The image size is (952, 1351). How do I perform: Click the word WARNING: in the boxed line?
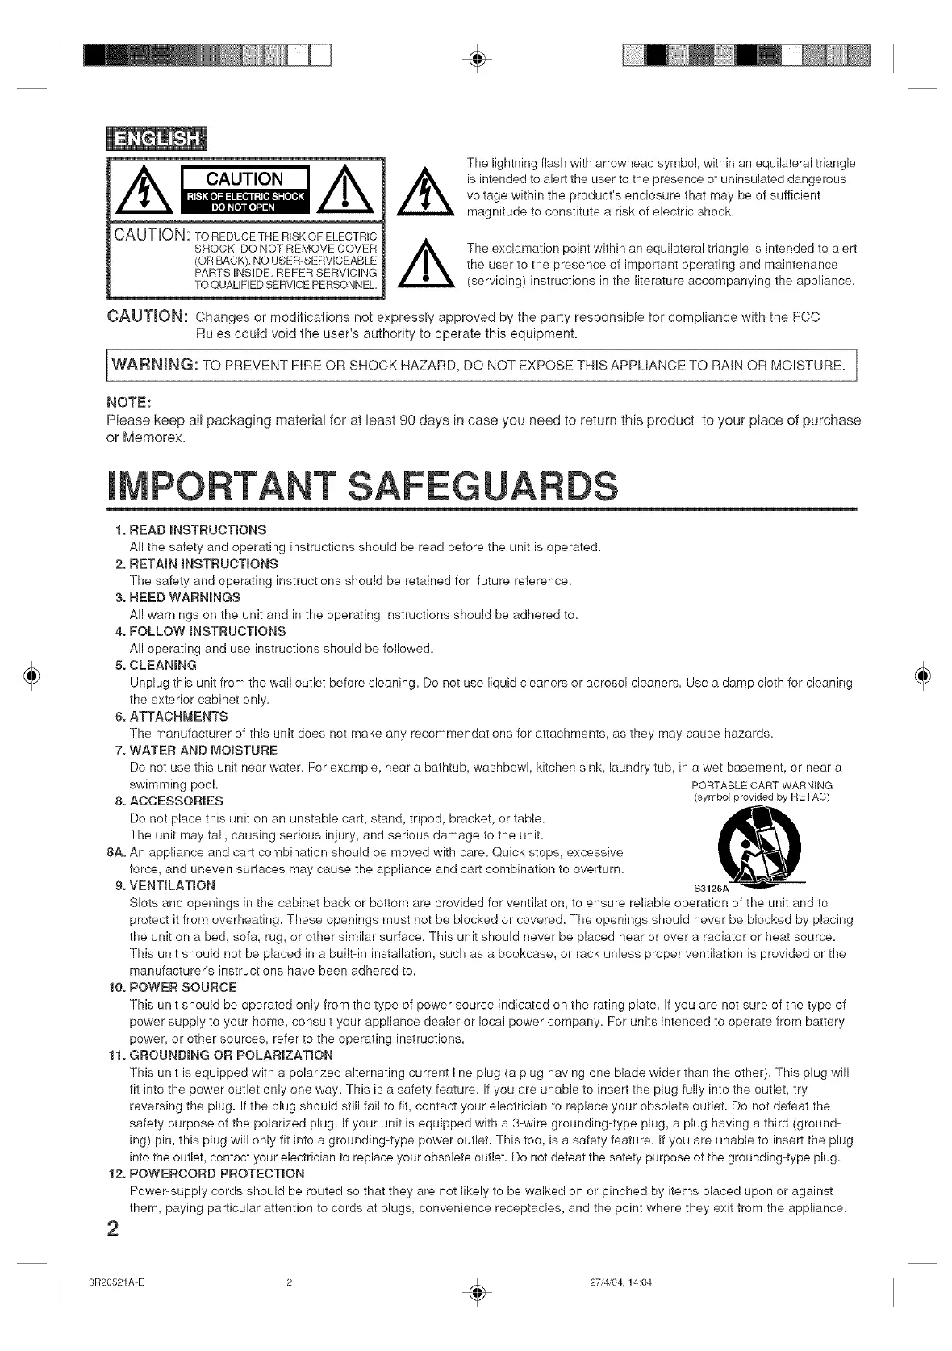[150, 365]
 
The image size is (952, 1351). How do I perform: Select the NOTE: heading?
[129, 403]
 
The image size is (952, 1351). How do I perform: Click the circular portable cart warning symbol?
[760, 846]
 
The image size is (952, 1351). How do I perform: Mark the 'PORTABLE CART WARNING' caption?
[762, 785]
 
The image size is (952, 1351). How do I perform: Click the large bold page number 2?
[113, 1228]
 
